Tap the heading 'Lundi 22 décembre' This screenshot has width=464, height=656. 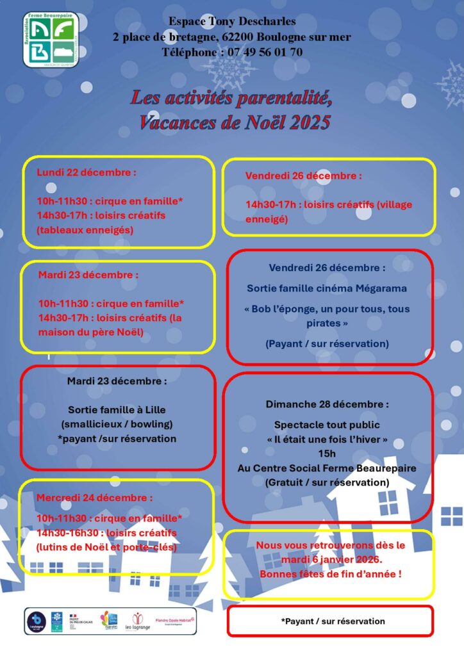click(x=87, y=172)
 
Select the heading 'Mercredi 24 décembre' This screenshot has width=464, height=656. click(x=95, y=497)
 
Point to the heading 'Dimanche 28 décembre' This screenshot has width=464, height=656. click(x=327, y=404)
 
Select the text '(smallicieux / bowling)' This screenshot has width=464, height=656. click(x=117, y=424)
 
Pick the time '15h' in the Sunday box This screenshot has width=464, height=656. click(x=327, y=454)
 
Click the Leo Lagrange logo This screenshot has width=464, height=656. click(x=141, y=621)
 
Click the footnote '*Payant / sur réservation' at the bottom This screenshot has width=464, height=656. click(x=333, y=621)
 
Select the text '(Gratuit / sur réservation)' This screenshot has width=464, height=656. click(x=327, y=482)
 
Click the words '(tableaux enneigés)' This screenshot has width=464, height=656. click(x=85, y=230)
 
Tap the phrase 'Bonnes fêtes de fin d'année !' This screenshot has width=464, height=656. click(x=331, y=574)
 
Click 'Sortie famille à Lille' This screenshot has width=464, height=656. click(x=117, y=409)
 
